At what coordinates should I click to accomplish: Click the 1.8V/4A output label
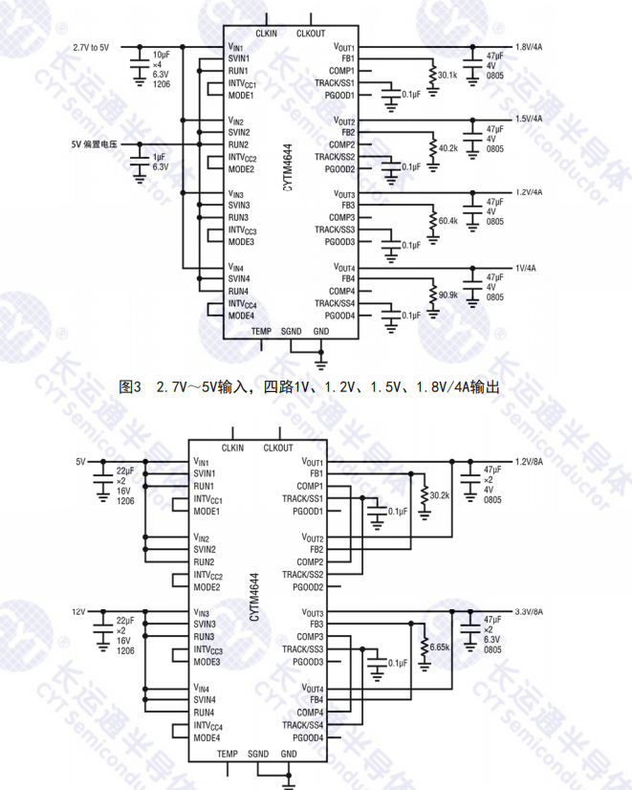530,47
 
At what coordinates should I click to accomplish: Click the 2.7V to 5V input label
90,47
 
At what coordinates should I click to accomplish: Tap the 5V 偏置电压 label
93,144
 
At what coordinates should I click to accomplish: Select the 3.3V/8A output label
530,612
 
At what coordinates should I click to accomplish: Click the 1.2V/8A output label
530,461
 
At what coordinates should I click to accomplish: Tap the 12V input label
79,612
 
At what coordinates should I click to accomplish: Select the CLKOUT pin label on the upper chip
311,33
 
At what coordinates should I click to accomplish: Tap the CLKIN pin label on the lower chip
232,448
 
